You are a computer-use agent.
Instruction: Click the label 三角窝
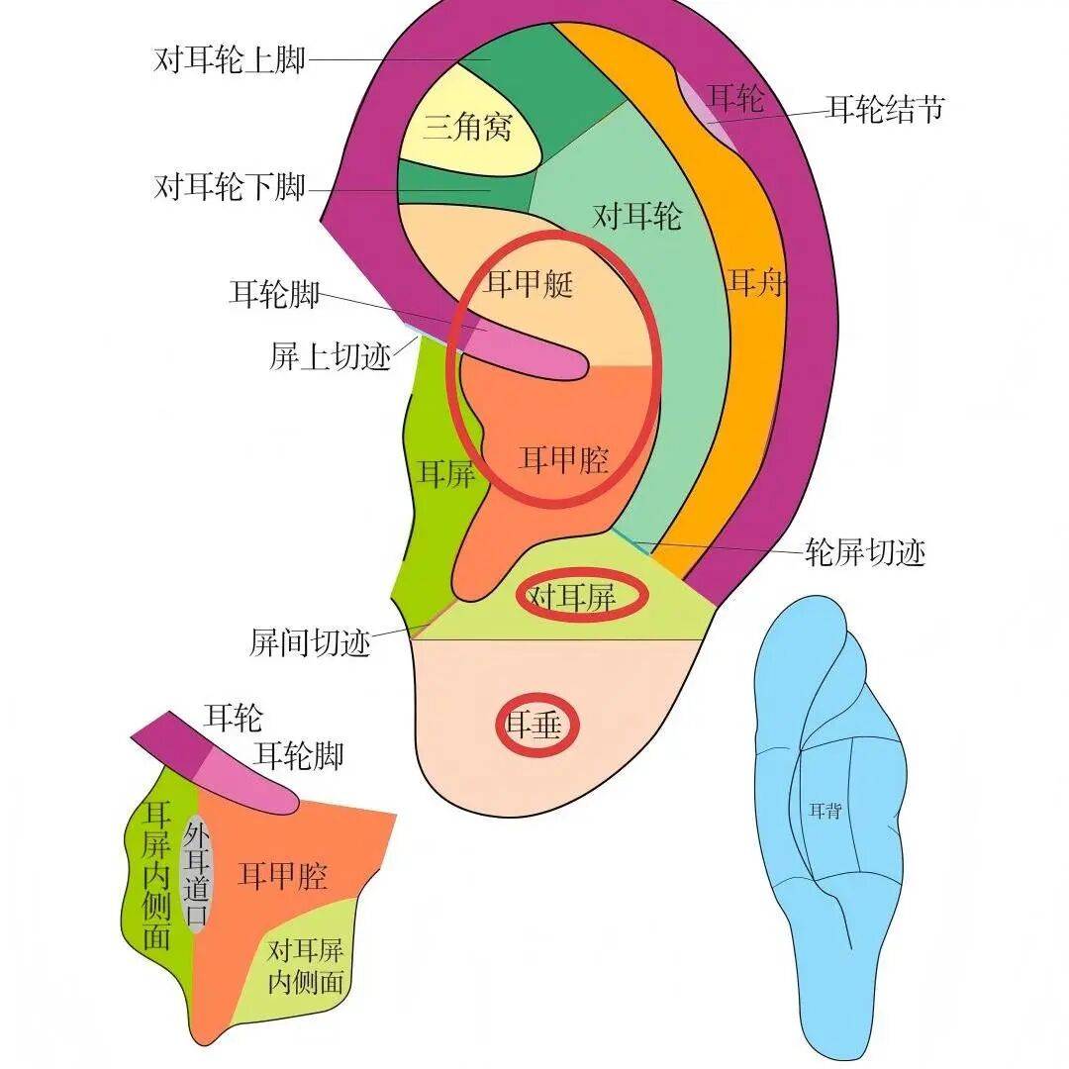(x=468, y=127)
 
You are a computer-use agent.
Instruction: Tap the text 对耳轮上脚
(x=229, y=59)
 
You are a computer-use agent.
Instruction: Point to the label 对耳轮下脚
(x=229, y=186)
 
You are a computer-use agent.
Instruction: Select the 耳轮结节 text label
(x=886, y=108)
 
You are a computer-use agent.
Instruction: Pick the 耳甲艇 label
(x=529, y=285)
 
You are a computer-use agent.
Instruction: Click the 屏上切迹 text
(x=331, y=356)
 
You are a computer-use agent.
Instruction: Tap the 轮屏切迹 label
(x=867, y=552)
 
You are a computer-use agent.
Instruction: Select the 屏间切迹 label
(x=310, y=643)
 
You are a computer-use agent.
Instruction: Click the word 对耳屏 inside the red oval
(x=572, y=597)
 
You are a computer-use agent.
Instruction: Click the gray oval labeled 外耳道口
(x=197, y=874)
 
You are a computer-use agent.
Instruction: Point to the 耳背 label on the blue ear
(x=825, y=811)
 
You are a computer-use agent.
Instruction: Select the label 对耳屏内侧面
(x=306, y=967)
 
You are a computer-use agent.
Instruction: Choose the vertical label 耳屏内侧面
(x=157, y=877)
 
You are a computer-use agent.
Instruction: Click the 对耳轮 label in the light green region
(x=637, y=215)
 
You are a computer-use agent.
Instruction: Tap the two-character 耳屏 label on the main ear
(x=445, y=473)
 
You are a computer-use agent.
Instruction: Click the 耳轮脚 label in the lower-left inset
(x=300, y=756)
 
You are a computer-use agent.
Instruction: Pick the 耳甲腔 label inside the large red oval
(x=564, y=458)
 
